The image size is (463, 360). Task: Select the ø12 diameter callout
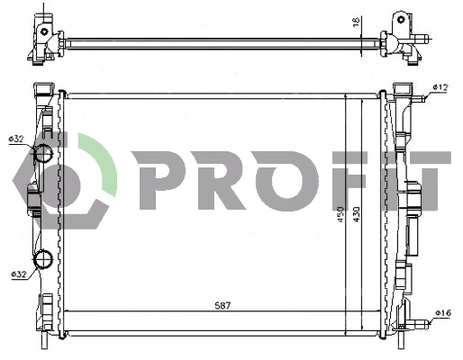440,86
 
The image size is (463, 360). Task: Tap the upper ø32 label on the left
15,139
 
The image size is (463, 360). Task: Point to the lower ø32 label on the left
17,274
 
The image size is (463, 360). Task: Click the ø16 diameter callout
441,313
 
